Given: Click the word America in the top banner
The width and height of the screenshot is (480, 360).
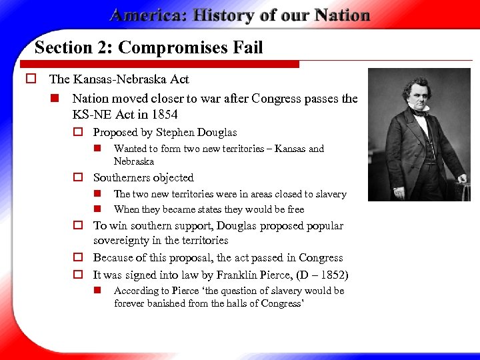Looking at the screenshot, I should (x=145, y=15).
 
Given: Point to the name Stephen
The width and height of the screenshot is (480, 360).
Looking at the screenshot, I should (x=178, y=132).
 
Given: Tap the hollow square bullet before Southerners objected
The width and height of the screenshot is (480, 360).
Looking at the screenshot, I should (x=77, y=178).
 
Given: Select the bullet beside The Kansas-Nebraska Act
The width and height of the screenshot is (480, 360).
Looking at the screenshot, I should (x=31, y=79).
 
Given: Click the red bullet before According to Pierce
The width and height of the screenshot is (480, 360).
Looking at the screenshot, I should (x=97, y=291).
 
